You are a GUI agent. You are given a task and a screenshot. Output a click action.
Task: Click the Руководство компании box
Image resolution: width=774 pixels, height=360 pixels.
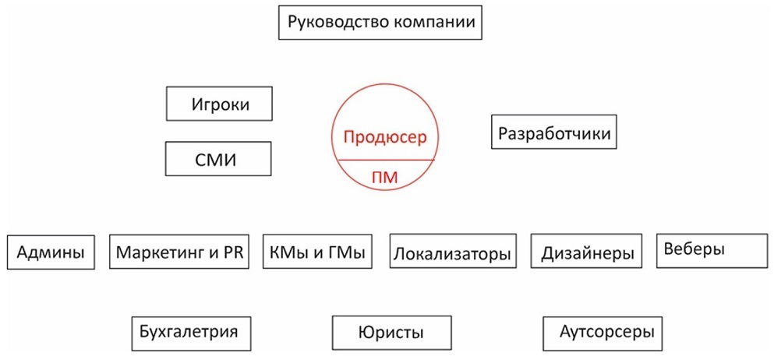point(381,22)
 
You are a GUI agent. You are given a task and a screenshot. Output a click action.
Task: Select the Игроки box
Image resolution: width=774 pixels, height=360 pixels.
point(220,104)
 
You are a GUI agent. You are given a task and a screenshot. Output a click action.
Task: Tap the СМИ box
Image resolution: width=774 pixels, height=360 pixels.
point(218,159)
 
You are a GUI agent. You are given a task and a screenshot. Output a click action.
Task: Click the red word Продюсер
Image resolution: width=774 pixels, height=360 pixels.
point(385,137)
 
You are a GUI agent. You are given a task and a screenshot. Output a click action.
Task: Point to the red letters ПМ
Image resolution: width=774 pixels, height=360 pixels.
point(385,177)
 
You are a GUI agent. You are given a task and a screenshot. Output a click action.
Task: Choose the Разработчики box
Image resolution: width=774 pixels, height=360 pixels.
point(555,132)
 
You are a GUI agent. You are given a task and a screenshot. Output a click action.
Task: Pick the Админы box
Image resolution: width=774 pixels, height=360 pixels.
point(51,252)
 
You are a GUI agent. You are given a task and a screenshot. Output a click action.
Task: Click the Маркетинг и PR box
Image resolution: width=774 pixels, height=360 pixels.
point(180,252)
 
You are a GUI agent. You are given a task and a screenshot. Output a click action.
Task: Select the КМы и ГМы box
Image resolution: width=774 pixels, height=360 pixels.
point(317,252)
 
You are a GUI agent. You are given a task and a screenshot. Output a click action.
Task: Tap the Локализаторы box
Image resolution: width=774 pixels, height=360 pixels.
point(453,252)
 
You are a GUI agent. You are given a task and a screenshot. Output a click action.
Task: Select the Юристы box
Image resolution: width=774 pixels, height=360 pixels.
point(391,333)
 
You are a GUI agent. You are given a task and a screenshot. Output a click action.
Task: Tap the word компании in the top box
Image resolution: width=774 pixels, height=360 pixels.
point(433,22)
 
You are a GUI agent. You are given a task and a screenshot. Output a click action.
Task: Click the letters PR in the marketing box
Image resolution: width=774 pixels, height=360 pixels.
point(235,252)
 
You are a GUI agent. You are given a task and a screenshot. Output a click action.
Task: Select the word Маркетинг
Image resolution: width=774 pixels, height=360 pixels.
point(161,252)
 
